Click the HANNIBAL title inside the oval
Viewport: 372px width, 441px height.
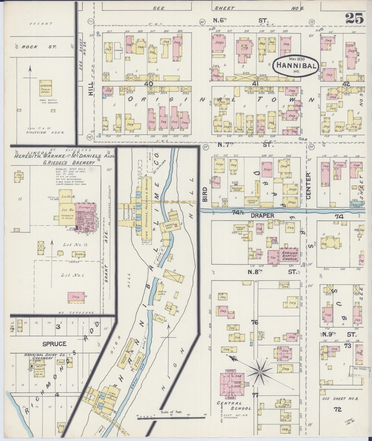296,66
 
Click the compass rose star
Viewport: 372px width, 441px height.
260,372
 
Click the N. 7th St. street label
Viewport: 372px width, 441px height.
243,145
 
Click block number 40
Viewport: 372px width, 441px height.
149,84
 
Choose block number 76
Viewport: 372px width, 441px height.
255,322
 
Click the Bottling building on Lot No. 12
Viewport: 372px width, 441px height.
80,254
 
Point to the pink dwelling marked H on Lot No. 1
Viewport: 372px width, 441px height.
76,296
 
